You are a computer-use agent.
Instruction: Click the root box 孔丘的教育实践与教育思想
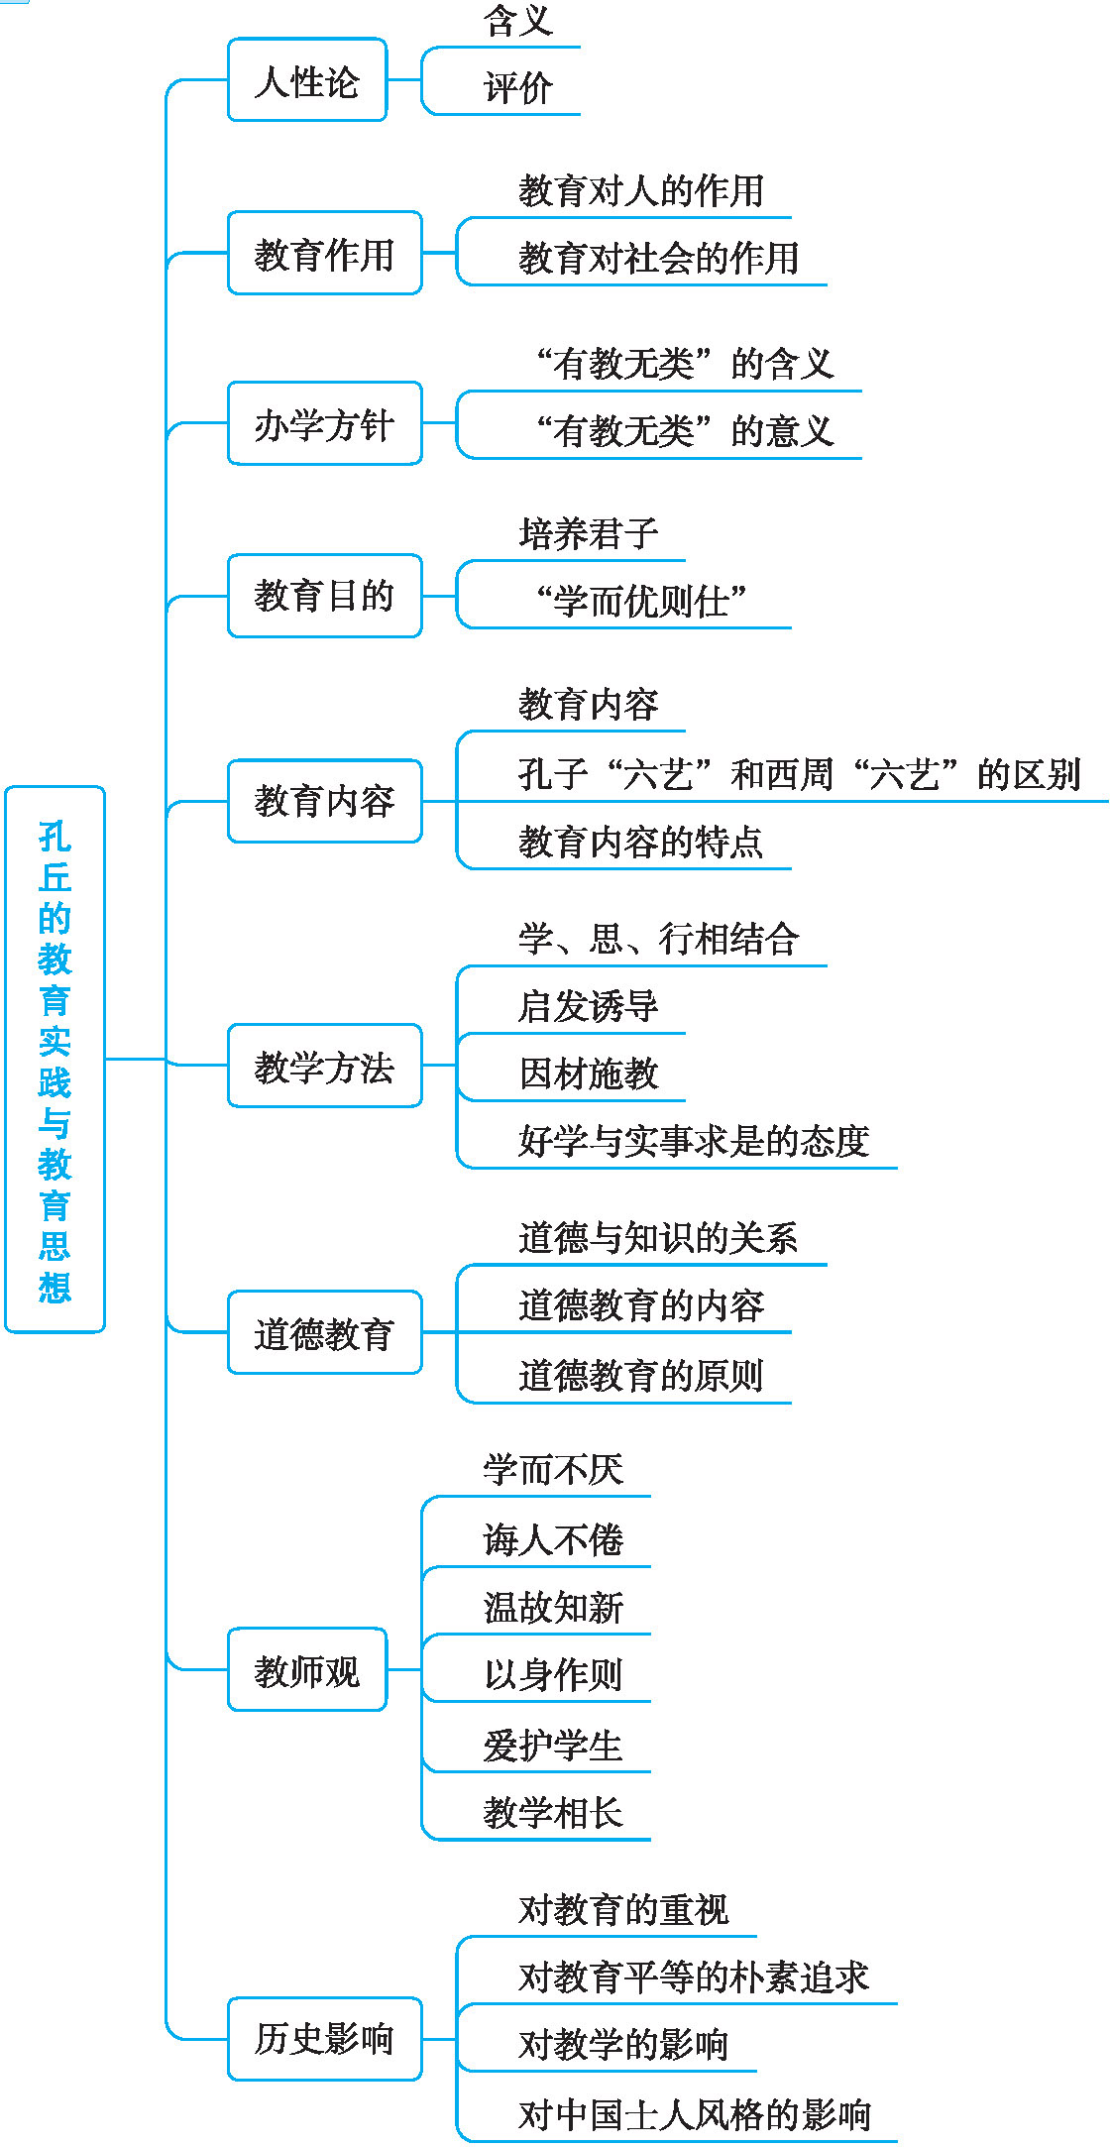pos(55,1059)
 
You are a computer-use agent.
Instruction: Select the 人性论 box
pos(307,80)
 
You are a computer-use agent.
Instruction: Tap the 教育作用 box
pos(325,253)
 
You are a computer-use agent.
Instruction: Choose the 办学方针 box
pos(325,423)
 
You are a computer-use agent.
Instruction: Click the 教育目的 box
pos(325,596)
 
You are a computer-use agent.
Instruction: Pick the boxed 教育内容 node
pos(325,801)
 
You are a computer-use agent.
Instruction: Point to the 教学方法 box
pos(325,1066)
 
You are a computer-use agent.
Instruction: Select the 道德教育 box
pos(325,1332)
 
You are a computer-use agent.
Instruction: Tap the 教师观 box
pos(307,1669)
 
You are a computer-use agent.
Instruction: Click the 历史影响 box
pos(325,2039)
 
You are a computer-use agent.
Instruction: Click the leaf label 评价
pos(517,88)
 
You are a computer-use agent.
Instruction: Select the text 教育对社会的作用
pos(658,259)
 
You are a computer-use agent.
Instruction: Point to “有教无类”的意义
pos(684,431)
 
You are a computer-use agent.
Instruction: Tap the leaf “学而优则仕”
pos(640,601)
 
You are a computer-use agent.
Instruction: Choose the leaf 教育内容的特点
pos(640,843)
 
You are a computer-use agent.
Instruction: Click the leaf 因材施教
pos(588,1073)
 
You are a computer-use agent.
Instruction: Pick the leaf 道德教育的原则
pos(640,1376)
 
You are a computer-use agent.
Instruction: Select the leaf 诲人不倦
pos(553,1539)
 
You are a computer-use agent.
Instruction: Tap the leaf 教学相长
pos(553,1813)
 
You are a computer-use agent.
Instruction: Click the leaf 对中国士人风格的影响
pos(694,2115)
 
